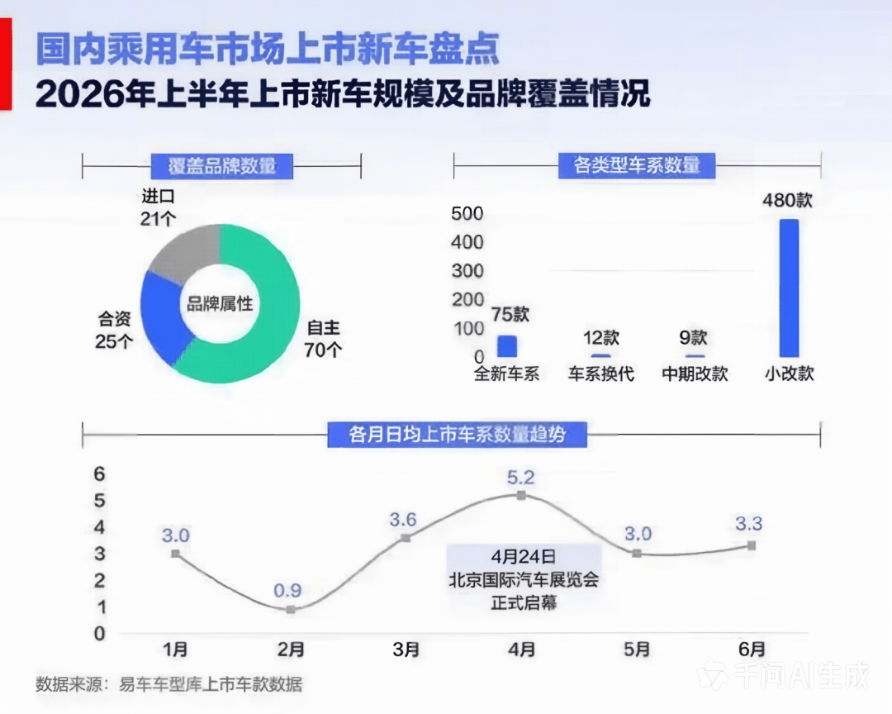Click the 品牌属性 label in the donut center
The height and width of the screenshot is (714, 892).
click(220, 303)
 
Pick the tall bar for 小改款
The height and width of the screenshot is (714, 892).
click(789, 288)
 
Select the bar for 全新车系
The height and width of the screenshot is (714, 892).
click(507, 346)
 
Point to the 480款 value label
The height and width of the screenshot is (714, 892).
click(787, 200)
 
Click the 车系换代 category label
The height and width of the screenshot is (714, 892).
click(600, 374)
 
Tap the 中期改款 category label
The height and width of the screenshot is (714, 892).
click(695, 374)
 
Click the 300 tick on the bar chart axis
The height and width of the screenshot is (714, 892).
click(467, 270)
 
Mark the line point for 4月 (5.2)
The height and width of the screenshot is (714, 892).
click(521, 495)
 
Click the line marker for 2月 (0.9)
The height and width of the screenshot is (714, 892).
click(291, 610)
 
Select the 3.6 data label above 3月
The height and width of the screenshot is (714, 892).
click(403, 519)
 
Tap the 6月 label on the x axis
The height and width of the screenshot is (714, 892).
click(752, 649)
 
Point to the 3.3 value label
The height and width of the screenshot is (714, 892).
click(748, 523)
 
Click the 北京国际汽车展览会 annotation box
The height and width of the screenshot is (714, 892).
click(524, 579)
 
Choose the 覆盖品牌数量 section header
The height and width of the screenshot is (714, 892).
click(222, 165)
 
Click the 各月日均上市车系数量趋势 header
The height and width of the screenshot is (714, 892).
click(458, 435)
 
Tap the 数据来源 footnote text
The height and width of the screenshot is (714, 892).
click(169, 683)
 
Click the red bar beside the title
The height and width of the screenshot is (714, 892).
click(6, 64)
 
